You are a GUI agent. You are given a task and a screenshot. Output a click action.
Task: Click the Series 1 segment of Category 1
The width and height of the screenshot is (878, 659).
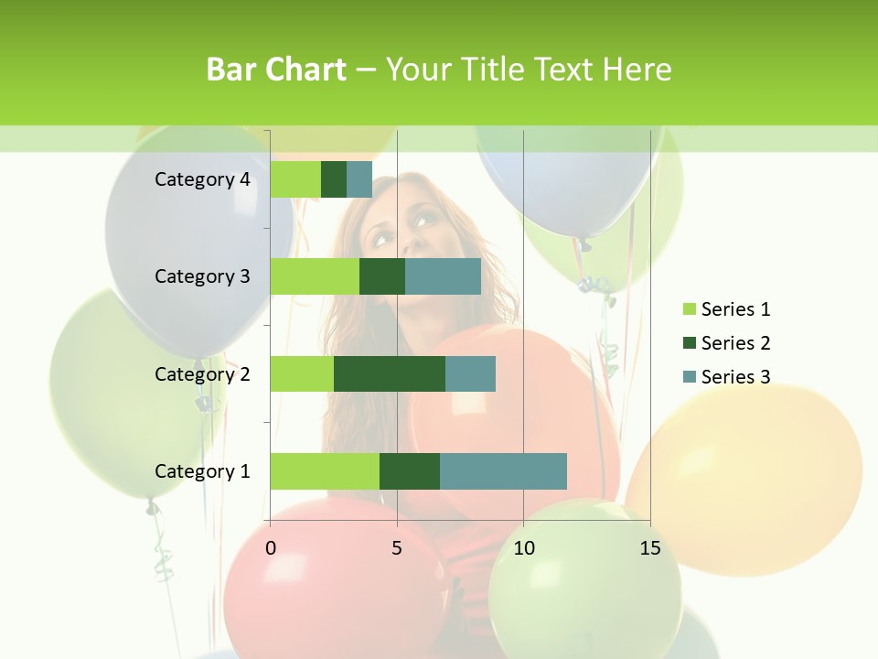325,471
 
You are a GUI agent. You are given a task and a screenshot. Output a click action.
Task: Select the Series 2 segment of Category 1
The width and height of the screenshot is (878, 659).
410,471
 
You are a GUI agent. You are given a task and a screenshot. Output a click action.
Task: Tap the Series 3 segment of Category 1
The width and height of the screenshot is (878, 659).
503,471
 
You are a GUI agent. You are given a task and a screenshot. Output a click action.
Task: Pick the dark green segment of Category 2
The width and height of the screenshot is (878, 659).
390,373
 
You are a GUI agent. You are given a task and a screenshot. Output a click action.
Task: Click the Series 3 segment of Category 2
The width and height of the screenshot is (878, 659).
470,373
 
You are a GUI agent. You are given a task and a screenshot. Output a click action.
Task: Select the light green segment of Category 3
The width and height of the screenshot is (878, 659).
315,276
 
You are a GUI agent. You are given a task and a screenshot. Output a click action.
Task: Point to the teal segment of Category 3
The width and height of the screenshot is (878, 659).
443,276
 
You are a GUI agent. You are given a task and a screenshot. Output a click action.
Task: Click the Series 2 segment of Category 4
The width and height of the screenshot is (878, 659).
334,179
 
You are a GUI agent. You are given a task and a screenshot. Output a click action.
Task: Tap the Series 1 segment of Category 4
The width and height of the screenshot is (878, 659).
295,179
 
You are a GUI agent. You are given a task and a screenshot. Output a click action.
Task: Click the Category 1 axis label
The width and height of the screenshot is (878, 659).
202,471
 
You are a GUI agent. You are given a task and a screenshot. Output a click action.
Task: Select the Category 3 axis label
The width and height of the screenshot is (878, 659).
202,276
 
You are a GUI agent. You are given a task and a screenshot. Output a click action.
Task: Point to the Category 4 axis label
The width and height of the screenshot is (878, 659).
202,179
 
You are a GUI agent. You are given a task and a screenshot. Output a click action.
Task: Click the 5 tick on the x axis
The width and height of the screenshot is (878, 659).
397,548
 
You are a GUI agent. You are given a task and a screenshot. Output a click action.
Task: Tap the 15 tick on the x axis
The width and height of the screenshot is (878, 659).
649,548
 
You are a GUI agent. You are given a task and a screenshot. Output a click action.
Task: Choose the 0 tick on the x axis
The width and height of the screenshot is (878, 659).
271,548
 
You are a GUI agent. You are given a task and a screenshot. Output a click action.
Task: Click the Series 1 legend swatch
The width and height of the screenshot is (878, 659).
689,309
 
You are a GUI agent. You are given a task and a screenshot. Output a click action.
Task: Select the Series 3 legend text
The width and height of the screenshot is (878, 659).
735,377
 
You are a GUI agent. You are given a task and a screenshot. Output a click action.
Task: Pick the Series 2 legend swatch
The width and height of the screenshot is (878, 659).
689,343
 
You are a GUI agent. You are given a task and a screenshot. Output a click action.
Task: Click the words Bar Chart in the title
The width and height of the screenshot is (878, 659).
276,70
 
